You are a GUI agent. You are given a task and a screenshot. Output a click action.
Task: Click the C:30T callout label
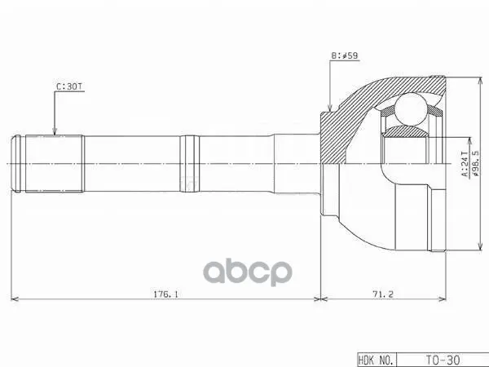click(70, 86)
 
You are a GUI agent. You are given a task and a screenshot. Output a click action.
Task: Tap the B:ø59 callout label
click(345, 55)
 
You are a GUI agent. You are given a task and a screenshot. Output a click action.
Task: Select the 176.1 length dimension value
click(165, 294)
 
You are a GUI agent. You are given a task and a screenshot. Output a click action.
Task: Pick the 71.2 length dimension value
click(383, 294)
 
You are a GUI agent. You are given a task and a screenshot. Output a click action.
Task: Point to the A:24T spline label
click(465, 164)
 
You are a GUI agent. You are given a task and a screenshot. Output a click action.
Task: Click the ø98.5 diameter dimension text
click(475, 164)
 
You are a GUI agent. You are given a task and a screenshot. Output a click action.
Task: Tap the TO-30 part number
click(443, 360)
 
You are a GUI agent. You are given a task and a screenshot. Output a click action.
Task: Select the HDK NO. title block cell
click(377, 360)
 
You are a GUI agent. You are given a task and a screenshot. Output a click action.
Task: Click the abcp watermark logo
click(248, 272)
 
